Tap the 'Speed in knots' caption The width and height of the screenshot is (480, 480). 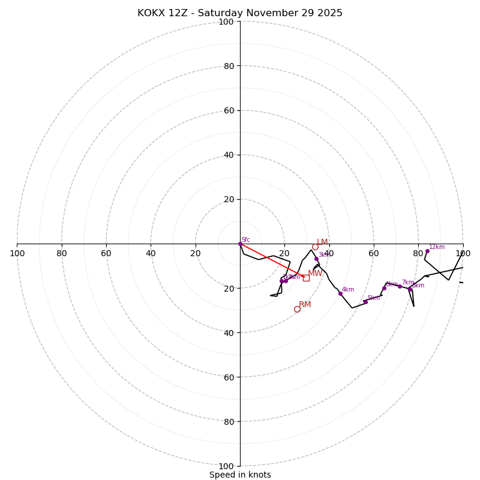pos(240,475)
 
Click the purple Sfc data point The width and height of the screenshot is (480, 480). pos(240,244)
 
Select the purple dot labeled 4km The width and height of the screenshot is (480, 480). pos(340,293)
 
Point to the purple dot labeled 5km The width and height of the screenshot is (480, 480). pos(365,302)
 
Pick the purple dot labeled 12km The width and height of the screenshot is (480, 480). pos(427,251)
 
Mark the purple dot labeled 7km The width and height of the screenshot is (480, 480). pos(400,286)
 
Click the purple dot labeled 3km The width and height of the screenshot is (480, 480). pos(316,259)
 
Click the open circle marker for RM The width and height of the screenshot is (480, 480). pos(297,309)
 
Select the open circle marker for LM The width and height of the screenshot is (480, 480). pos(315,247)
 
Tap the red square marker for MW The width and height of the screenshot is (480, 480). pos(306,278)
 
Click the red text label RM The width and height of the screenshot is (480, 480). pos(305,305)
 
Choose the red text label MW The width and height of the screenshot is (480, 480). pos(315,274)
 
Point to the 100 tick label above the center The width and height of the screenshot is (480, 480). pos(226,22)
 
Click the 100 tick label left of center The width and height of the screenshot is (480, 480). pos(17,253)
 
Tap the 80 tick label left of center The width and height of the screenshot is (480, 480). pos(62,253)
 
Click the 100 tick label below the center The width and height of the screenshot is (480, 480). pos(226,466)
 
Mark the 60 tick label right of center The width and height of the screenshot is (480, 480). pos(374,253)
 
